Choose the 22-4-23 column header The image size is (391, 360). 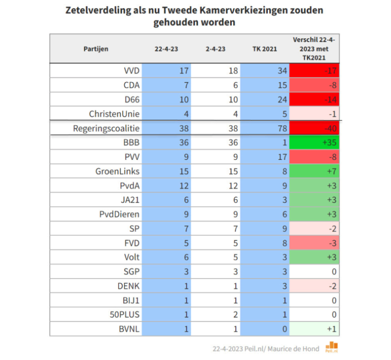tap(167, 48)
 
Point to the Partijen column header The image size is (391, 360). tap(96, 48)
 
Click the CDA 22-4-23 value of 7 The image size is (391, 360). tap(184, 85)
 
